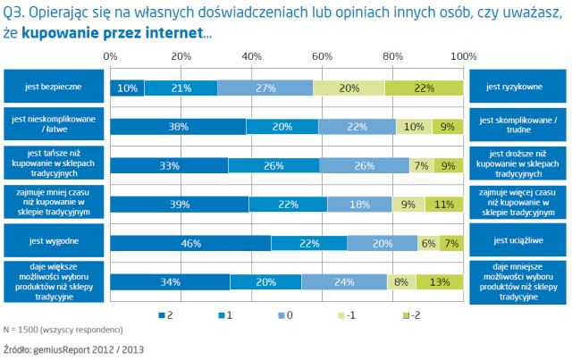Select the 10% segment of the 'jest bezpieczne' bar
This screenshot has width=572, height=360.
(x=128, y=88)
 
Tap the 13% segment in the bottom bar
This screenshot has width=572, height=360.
(x=440, y=282)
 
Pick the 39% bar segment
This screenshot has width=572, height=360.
(x=180, y=205)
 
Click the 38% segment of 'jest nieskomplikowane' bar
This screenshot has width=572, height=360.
(x=178, y=126)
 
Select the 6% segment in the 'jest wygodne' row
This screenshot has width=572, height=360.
(x=427, y=243)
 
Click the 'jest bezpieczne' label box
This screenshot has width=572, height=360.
(x=53, y=88)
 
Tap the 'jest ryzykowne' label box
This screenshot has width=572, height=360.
(x=517, y=88)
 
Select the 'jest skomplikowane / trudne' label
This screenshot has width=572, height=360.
(x=517, y=125)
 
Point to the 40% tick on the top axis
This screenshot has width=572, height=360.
(x=252, y=56)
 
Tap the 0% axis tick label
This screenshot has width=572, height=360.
(x=111, y=56)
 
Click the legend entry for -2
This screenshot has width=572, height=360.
(x=412, y=314)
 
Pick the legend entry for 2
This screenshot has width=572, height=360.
(x=165, y=314)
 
